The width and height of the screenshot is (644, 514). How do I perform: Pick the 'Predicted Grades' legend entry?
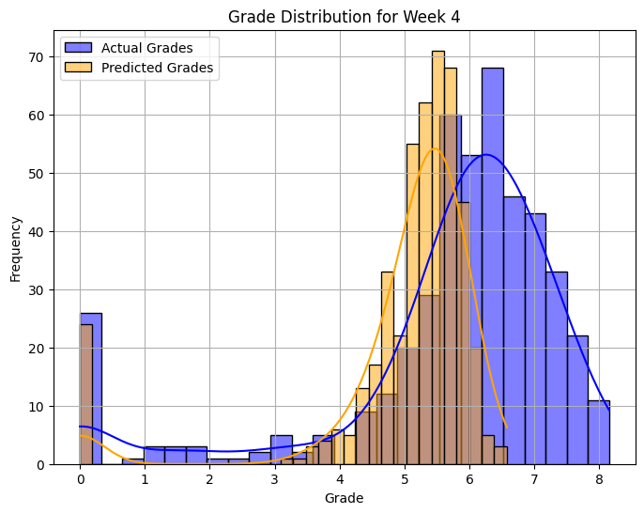156,68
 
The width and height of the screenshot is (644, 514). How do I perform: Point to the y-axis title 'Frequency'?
16,249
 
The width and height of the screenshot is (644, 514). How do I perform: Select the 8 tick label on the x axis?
599,480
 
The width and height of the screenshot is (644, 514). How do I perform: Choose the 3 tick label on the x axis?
275,480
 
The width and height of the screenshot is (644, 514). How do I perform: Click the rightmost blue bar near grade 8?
599,432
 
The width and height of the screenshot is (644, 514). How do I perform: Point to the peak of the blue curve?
486,155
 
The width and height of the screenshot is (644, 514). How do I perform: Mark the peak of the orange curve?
434,148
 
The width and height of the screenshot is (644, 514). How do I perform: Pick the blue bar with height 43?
535,338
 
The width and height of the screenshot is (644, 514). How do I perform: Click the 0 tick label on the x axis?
81,480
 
